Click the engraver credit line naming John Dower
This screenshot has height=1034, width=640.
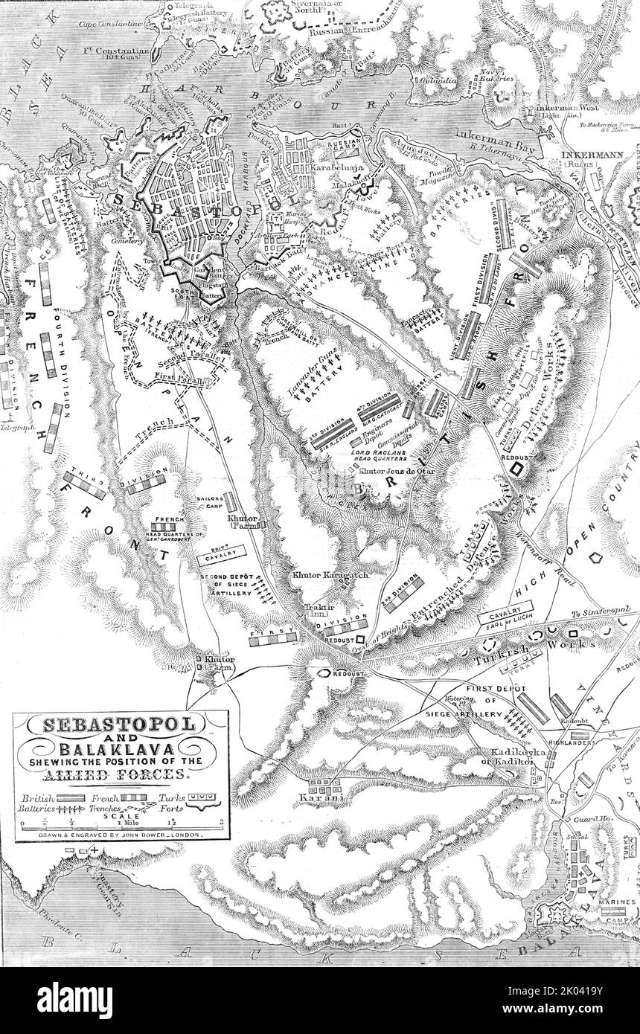(x=121, y=835)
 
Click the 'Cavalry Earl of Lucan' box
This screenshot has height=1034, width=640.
(x=504, y=620)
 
